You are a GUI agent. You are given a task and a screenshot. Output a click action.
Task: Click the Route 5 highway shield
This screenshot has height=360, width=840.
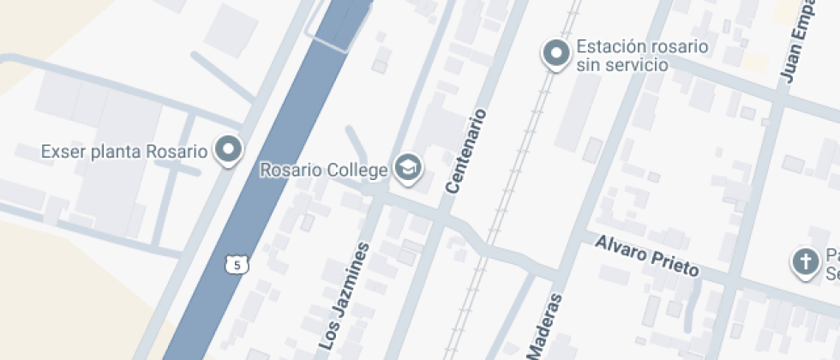(x=237, y=265)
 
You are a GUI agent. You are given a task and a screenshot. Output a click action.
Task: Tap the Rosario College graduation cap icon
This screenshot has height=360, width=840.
(x=408, y=168)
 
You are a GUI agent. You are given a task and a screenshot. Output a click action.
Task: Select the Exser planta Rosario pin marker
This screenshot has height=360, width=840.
(x=228, y=150)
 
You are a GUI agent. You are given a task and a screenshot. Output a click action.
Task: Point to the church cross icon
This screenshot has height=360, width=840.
(x=805, y=262)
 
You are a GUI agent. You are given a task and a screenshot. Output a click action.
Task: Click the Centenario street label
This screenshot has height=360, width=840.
(x=466, y=150)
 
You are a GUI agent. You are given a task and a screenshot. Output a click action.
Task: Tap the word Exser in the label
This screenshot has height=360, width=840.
(x=60, y=152)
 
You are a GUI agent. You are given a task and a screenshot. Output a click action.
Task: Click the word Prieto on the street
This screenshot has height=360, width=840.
(x=674, y=262)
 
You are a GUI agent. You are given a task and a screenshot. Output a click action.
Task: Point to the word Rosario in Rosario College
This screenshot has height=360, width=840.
(x=291, y=171)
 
